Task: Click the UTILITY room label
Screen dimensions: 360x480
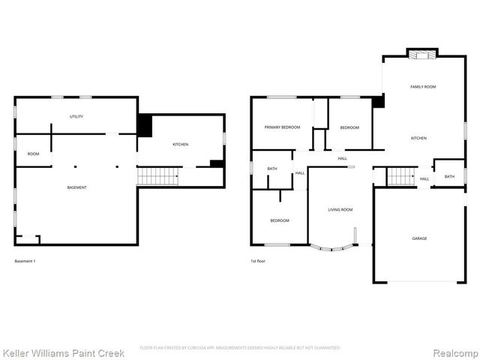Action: pos(76,116)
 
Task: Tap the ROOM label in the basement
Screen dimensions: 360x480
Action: pos(34,154)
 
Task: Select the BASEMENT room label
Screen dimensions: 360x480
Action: pos(76,187)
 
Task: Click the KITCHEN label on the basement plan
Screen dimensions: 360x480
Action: pos(180,144)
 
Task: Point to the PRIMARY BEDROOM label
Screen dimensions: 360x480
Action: pos(282,127)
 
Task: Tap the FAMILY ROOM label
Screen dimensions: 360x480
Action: pos(423,87)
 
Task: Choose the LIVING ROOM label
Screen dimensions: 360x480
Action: pos(340,209)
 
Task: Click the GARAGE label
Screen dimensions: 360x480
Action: pos(419,238)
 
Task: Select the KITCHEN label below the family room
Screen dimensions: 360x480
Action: pos(418,138)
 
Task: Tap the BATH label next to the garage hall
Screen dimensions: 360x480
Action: pos(449,176)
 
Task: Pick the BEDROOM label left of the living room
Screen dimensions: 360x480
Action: pos(280,220)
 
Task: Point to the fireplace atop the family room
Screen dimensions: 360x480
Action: pos(422,53)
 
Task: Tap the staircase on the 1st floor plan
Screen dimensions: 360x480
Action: pos(401,176)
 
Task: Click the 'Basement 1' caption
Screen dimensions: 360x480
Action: pos(25,261)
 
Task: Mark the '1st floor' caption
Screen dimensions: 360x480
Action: pos(258,261)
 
